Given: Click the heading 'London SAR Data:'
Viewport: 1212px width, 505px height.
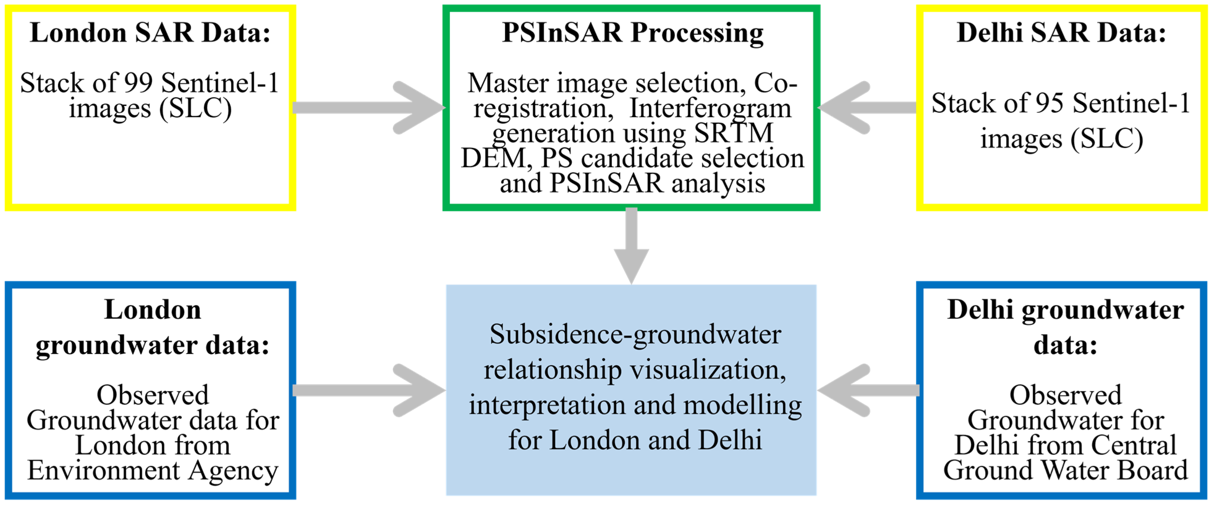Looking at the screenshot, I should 150,33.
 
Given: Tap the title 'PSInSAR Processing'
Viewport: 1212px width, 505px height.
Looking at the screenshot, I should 632,33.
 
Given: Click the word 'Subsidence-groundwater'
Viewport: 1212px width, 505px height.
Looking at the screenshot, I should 635,335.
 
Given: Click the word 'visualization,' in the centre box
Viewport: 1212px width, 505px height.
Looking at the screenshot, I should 708,370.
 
